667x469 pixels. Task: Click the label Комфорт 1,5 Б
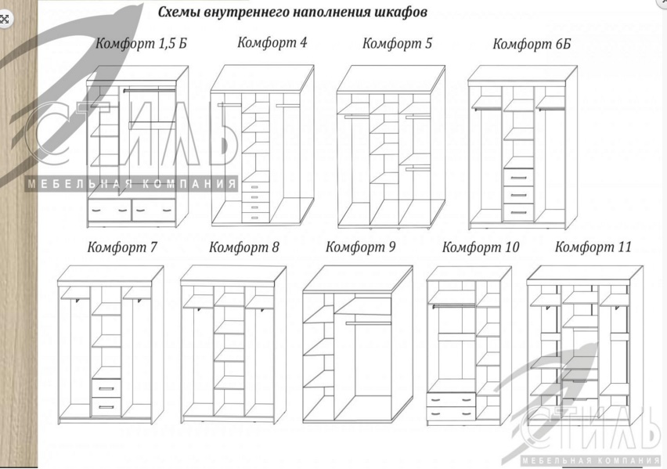(141, 43)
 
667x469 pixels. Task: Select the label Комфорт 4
(272, 43)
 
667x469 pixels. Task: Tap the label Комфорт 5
(397, 43)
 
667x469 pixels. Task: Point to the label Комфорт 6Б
(532, 45)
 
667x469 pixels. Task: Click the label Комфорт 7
(122, 247)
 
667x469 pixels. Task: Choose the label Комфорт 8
(243, 247)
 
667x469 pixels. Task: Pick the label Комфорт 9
(360, 247)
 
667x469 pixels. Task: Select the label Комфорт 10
(481, 247)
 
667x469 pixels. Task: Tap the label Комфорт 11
(593, 247)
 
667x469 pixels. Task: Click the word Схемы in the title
(179, 12)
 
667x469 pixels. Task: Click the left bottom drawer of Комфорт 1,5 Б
(110, 210)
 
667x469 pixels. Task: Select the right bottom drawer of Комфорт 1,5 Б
(154, 210)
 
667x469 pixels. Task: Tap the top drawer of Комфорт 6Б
(518, 178)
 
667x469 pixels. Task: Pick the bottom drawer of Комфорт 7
(106, 407)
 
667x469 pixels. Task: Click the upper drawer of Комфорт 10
(451, 399)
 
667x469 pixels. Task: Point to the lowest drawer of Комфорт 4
(254, 218)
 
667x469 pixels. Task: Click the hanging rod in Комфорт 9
(369, 323)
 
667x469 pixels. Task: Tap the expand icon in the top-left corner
(5, 19)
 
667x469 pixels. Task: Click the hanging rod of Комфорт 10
(453, 305)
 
